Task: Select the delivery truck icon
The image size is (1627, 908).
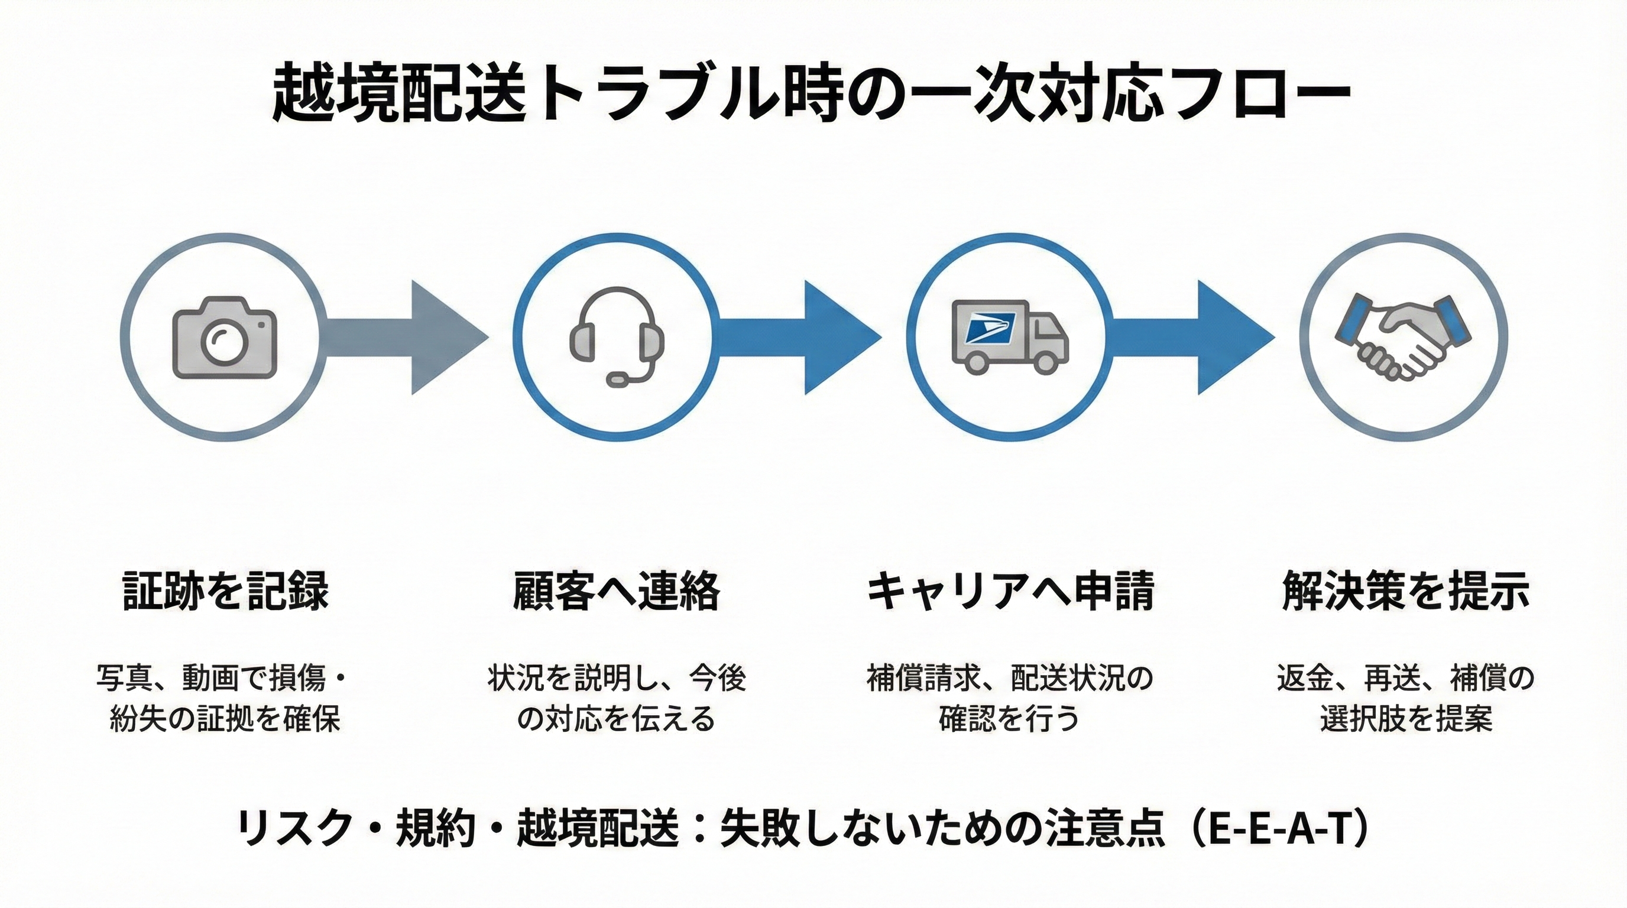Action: [1010, 336]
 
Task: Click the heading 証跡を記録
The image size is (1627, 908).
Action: [225, 591]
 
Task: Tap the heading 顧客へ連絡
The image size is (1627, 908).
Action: [617, 591]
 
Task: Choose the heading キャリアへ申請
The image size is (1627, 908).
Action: [1009, 591]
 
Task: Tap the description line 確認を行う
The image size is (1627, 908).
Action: [1009, 719]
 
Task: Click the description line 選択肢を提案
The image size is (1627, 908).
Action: [1406, 719]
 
